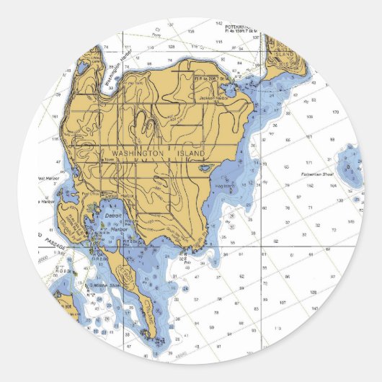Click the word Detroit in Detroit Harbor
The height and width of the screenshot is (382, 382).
112,216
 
